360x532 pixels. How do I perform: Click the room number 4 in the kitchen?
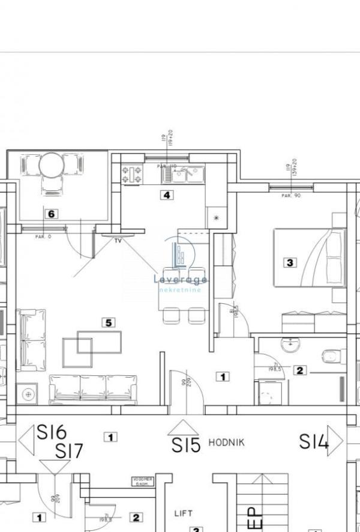click(167, 195)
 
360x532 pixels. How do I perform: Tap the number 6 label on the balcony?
click(52, 213)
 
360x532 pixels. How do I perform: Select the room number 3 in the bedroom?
click(290, 262)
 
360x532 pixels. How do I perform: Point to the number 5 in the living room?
click(109, 322)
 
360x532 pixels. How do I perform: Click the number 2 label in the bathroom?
click(300, 370)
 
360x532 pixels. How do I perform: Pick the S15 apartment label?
click(185, 445)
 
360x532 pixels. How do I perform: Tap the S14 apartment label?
click(314, 443)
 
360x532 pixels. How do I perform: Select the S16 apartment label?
click(52, 432)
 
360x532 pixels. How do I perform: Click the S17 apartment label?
click(71, 451)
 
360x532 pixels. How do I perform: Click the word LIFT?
click(183, 513)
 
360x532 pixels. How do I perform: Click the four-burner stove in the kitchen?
click(133, 175)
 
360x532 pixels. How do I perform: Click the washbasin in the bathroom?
click(292, 344)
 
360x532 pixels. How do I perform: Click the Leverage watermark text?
click(180, 279)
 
